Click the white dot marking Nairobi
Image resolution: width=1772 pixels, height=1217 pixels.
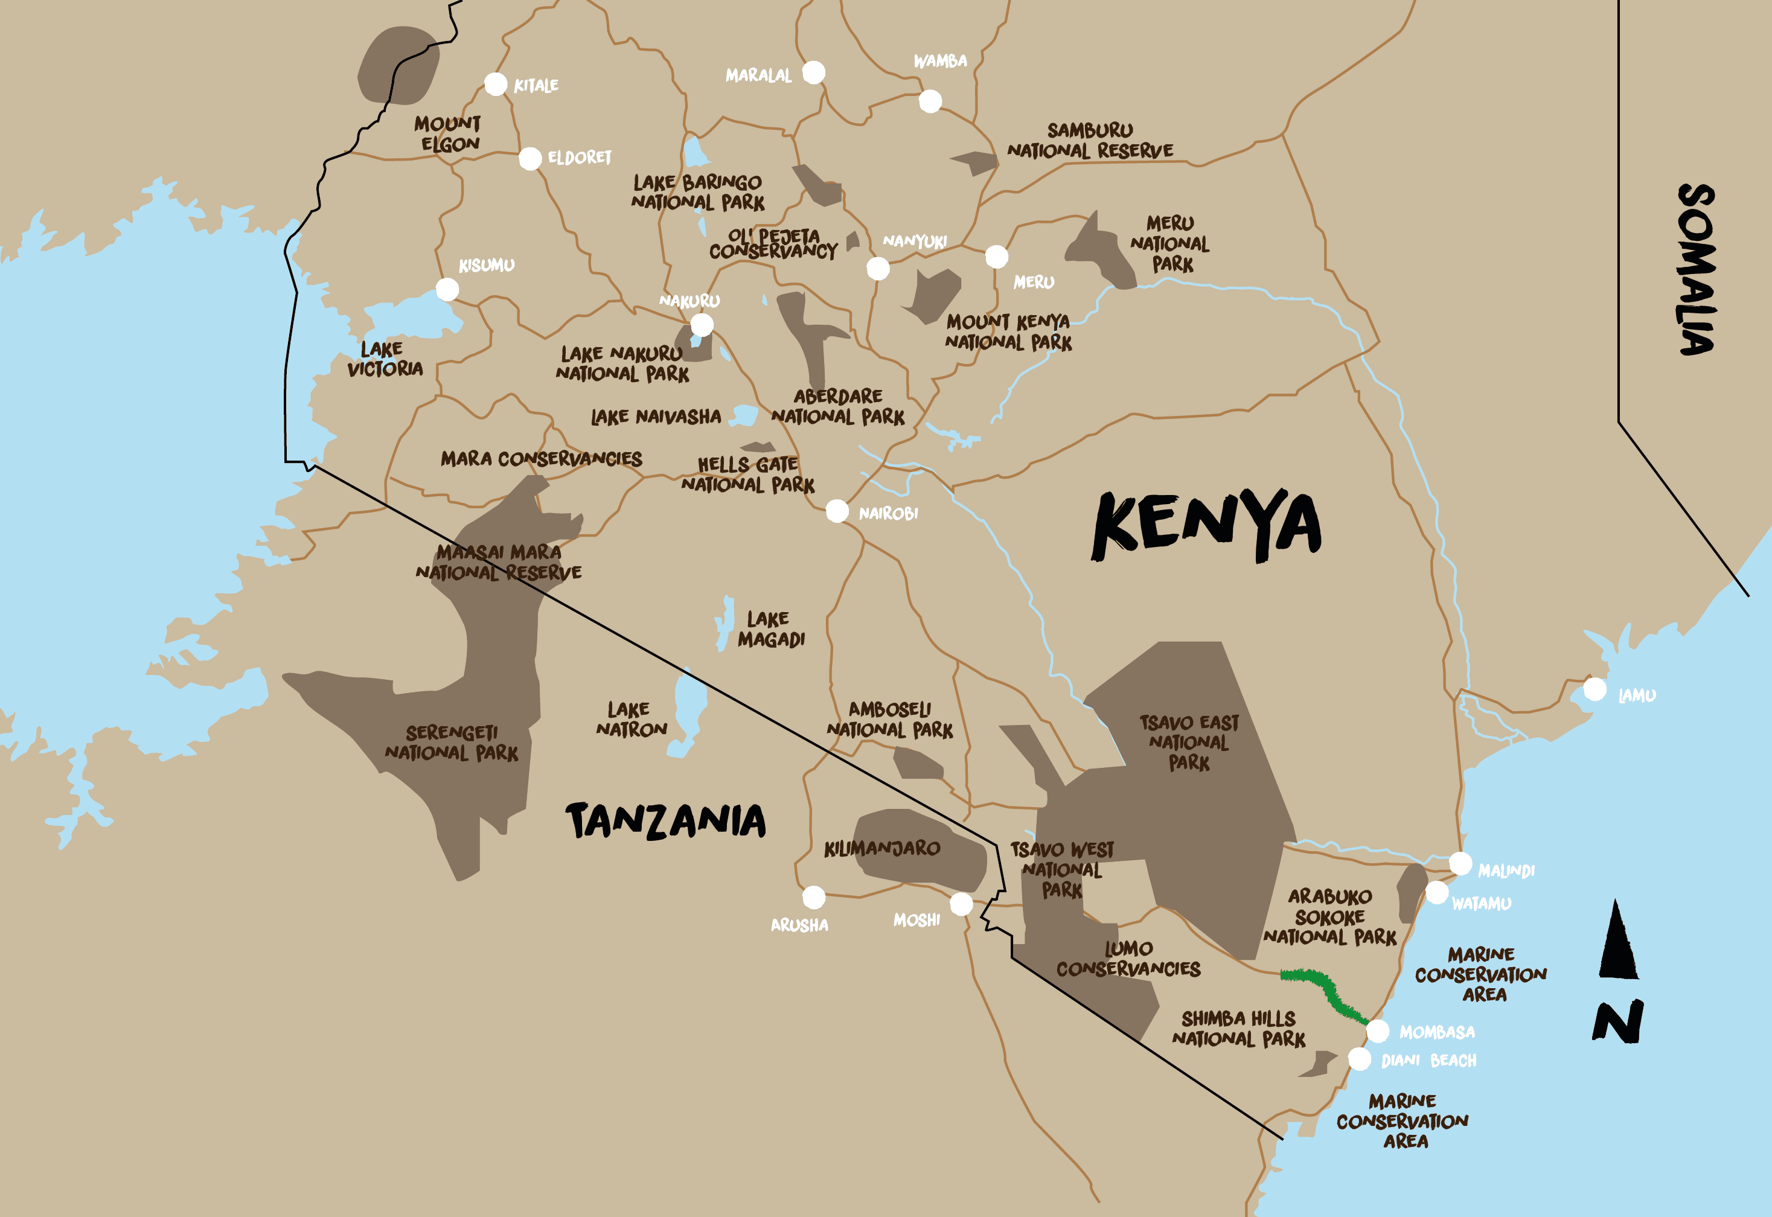(837, 510)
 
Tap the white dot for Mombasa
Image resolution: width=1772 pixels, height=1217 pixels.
(1377, 1031)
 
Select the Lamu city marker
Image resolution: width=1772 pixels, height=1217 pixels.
(1594, 689)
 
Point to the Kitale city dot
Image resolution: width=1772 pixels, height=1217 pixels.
(496, 84)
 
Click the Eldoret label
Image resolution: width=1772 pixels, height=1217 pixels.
(580, 158)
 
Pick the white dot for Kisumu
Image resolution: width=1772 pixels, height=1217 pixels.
(447, 289)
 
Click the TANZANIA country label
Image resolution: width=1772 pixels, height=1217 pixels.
(666, 821)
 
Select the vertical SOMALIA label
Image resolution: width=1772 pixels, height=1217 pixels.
(1696, 269)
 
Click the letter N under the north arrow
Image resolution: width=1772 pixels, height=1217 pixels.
(1617, 1022)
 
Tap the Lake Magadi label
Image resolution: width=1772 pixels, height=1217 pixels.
(770, 629)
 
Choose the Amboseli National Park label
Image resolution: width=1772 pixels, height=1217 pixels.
(890, 720)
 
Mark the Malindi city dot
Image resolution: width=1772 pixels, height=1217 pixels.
(1460, 863)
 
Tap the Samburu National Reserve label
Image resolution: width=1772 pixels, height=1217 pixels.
(1090, 140)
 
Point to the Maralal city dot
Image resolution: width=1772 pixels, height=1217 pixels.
(814, 72)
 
